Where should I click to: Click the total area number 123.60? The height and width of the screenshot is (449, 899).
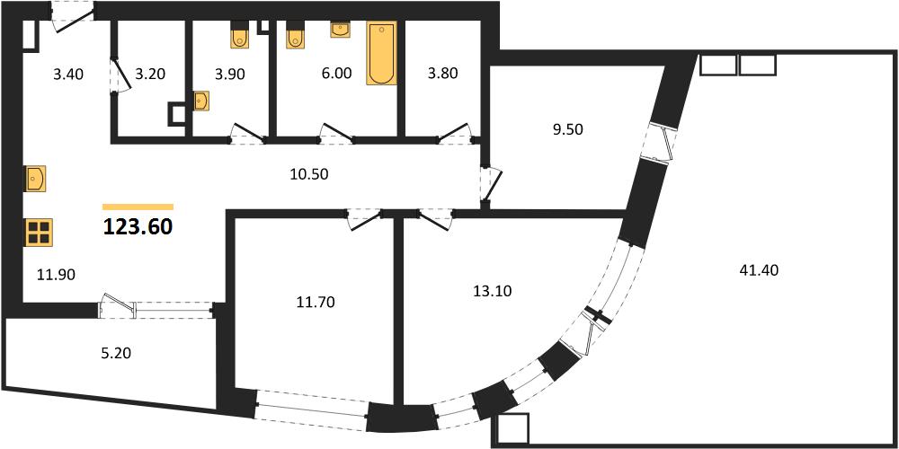pos(138,227)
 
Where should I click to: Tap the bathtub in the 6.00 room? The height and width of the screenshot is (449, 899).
pos(381,53)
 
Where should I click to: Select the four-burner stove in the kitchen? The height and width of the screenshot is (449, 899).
pos(39,233)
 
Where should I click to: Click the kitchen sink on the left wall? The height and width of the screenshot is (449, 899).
pos(36,180)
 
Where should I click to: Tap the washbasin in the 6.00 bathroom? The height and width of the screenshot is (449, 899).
pos(341,30)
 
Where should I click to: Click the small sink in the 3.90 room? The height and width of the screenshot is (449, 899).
pos(200,101)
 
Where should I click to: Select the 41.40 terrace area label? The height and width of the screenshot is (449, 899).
pos(759,269)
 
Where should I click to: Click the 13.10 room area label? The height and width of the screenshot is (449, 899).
pos(493,291)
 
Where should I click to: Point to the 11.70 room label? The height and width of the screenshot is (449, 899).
pos(316,301)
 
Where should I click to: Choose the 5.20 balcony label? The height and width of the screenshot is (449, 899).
pos(115,353)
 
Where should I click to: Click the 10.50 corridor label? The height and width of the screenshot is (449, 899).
pos(309,175)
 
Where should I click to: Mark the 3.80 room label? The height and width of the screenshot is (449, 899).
pos(442,74)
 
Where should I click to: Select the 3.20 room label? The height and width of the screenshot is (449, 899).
pos(149,74)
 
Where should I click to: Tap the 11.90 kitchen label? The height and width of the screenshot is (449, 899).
pos(56,275)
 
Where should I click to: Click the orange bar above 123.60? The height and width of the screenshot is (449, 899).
pos(138,207)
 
